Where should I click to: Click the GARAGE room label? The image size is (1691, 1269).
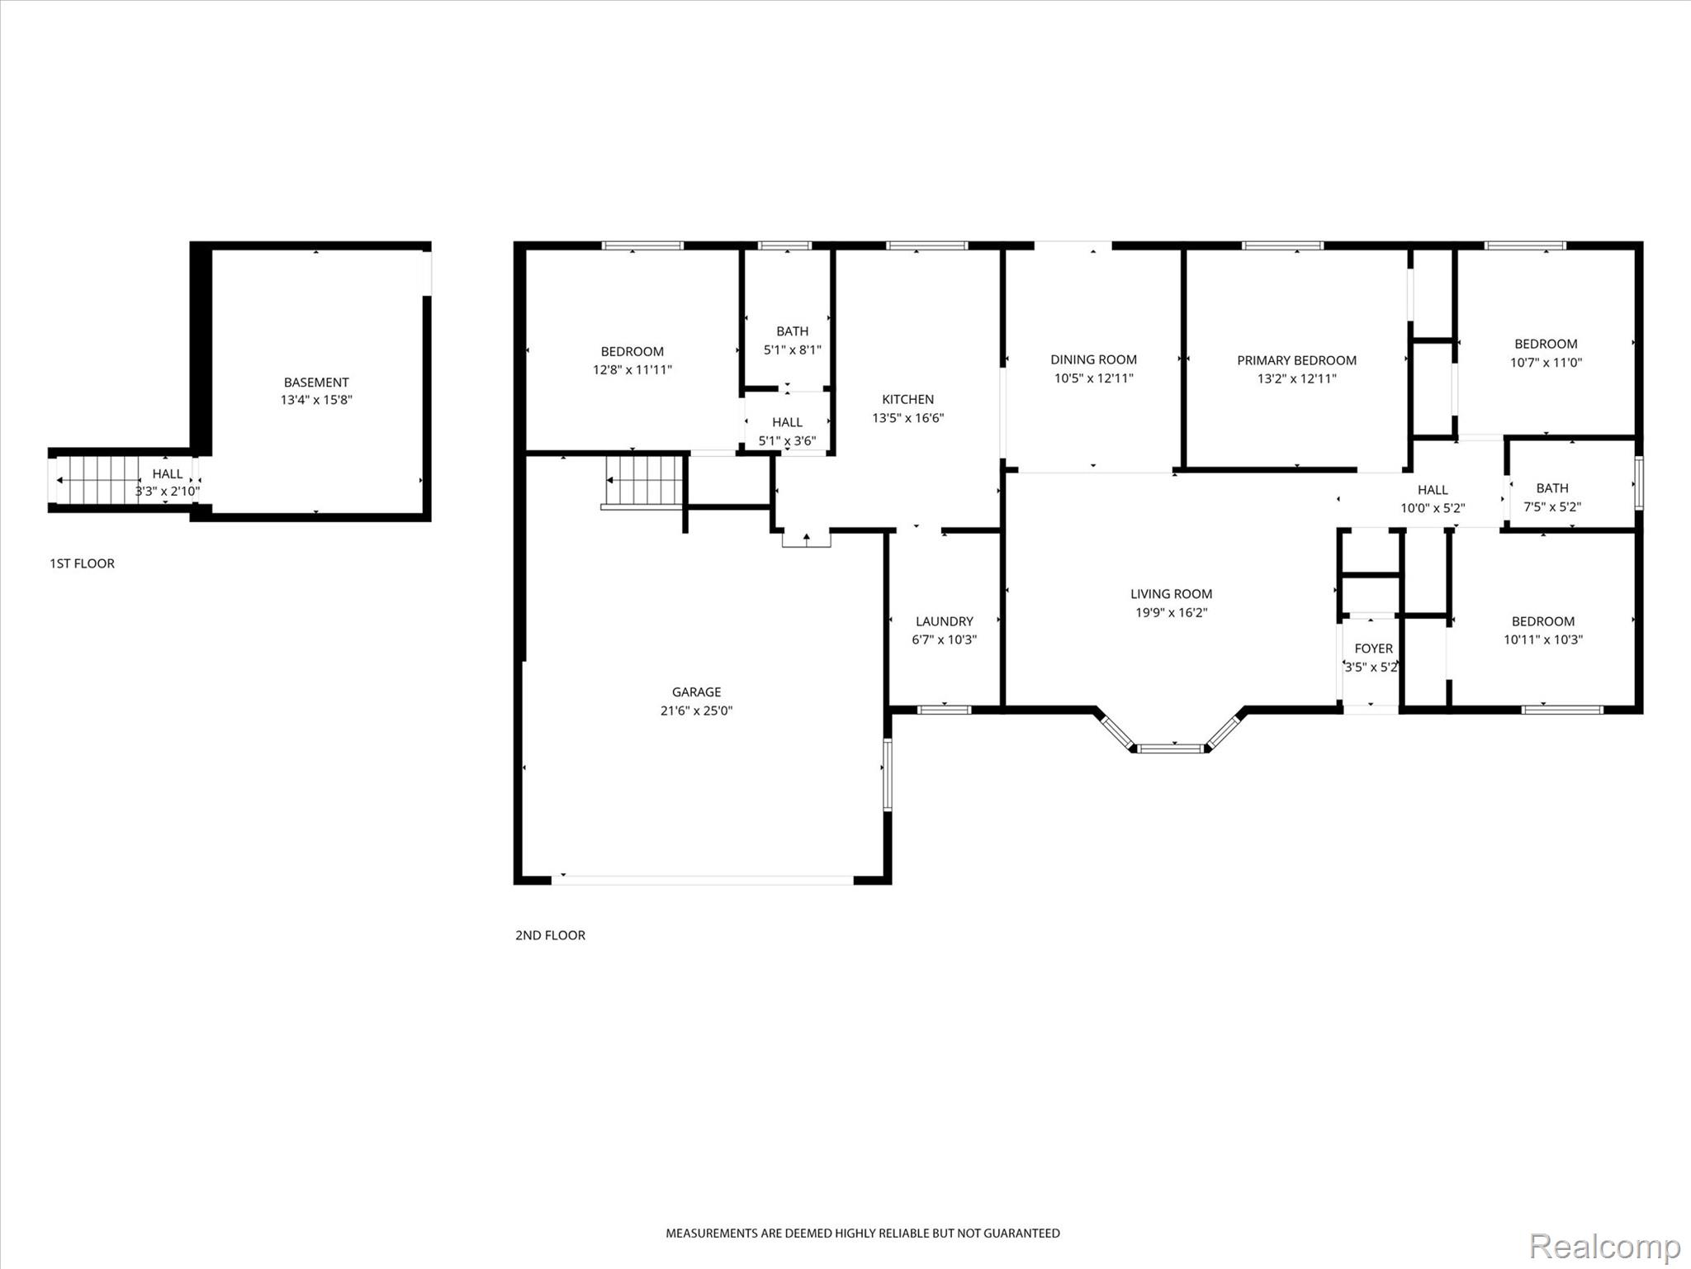point(696,692)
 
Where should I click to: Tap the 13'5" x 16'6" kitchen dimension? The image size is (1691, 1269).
point(907,418)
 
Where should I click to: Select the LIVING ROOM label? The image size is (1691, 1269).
point(1171,593)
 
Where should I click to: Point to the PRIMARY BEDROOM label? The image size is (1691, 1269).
point(1296,360)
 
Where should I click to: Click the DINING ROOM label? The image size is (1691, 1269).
point(1093,359)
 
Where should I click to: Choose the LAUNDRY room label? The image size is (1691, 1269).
point(944,621)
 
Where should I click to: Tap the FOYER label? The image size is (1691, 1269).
point(1373,649)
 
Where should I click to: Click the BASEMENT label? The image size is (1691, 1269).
point(316,383)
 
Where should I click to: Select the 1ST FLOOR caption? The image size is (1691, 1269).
point(82,563)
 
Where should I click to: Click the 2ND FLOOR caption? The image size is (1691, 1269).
point(550,935)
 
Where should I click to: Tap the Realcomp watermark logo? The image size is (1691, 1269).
point(1604,1245)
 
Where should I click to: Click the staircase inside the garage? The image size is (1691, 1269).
point(644,481)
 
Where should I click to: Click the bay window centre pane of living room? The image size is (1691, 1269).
point(1172,749)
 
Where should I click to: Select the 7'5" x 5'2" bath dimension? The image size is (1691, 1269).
point(1551,507)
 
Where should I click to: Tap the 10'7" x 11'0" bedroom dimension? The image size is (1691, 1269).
point(1546,362)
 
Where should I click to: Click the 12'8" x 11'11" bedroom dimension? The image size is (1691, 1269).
point(632,370)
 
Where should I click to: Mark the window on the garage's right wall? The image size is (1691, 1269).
point(888,774)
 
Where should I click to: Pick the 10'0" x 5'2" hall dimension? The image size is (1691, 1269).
point(1432,508)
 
